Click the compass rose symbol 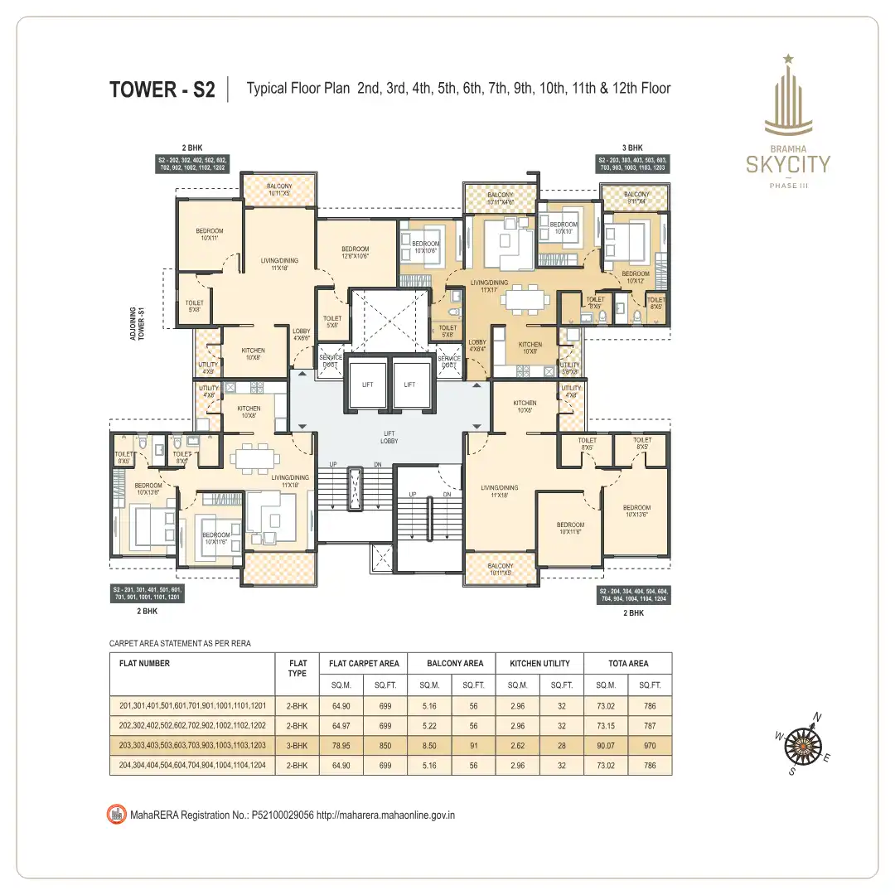pyautogui.click(x=801, y=741)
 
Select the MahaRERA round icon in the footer pyautogui.click(x=117, y=815)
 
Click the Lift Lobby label pyautogui.click(x=389, y=437)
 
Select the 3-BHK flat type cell pyautogui.click(x=297, y=745)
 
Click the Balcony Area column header pyautogui.click(x=455, y=663)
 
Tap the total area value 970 pyautogui.click(x=650, y=745)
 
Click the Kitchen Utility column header pyautogui.click(x=540, y=663)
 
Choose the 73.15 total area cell pyautogui.click(x=607, y=725)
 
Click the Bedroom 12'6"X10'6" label pyautogui.click(x=355, y=252)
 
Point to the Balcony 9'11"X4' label pyautogui.click(x=636, y=198)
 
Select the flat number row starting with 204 pyautogui.click(x=192, y=765)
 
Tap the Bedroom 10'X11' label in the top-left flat pyautogui.click(x=209, y=235)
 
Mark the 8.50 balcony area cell pyautogui.click(x=429, y=745)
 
